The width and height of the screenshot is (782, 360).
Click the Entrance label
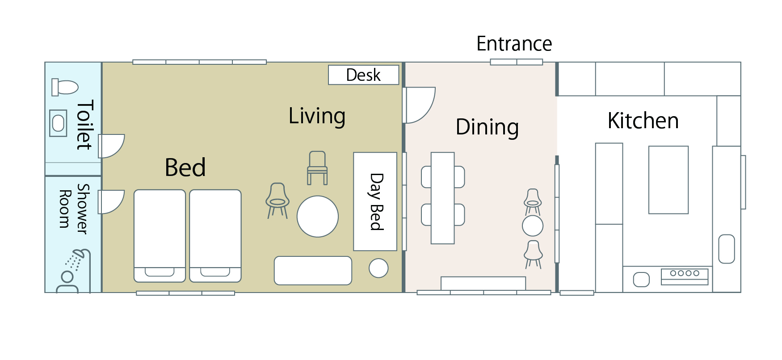pyautogui.click(x=514, y=44)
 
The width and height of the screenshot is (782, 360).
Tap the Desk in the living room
pyautogui.click(x=363, y=75)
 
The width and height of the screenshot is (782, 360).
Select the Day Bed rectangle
pyautogui.click(x=375, y=201)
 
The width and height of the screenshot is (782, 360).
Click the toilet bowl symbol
pyautogui.click(x=65, y=87)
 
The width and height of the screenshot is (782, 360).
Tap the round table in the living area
pyautogui.click(x=318, y=217)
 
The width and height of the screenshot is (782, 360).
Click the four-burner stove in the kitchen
pyautogui.click(x=685, y=276)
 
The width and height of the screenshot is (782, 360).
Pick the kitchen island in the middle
pyautogui.click(x=668, y=180)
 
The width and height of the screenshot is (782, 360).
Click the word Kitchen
pyautogui.click(x=643, y=121)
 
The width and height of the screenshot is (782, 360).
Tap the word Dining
pyautogui.click(x=487, y=127)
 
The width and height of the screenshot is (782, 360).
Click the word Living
pyautogui.click(x=317, y=116)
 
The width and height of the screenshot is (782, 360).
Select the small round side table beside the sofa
pyautogui.click(x=378, y=268)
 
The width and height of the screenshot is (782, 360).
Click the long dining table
pyautogui.click(x=443, y=198)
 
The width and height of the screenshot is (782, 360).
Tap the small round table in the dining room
pyautogui.click(x=533, y=226)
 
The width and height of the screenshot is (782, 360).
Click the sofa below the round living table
pyautogui.click(x=313, y=270)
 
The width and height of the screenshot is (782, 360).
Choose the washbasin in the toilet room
pyautogui.click(x=58, y=123)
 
